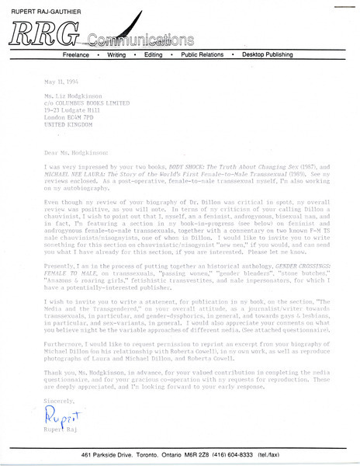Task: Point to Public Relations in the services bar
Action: (x=206, y=56)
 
